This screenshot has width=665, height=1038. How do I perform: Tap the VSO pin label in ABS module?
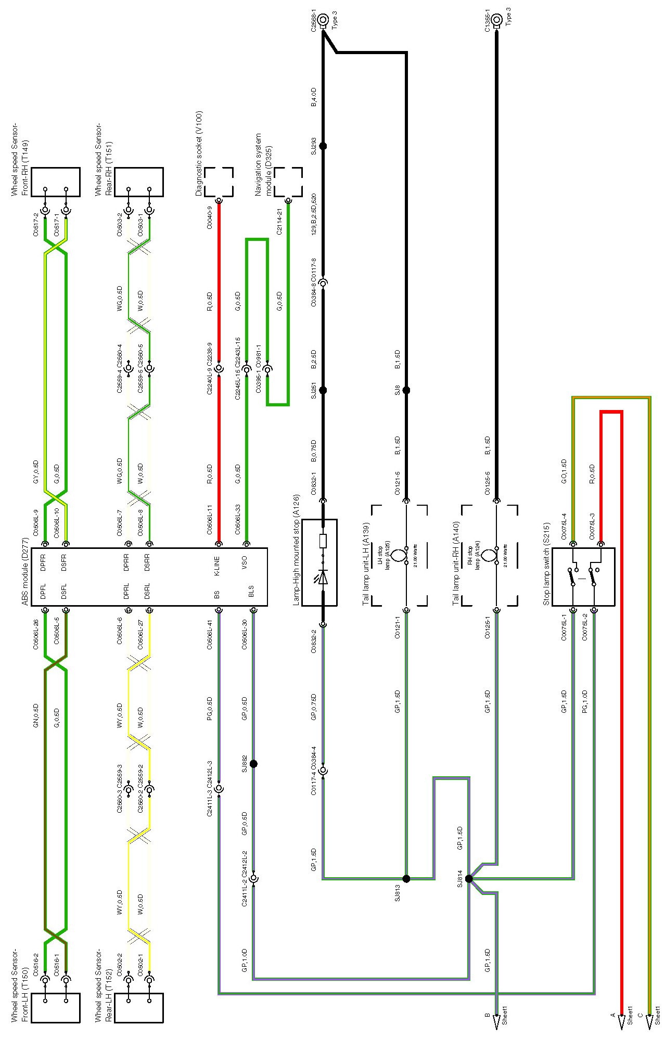(244, 562)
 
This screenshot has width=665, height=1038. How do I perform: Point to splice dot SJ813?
(406, 879)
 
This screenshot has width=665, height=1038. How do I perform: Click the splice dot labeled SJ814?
(469, 879)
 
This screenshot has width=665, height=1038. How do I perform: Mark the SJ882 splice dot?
(253, 764)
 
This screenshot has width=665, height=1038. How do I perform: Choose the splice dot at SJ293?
(323, 146)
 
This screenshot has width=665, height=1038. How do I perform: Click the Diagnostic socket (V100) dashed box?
(219, 182)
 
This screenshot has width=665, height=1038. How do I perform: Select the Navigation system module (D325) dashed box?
(288, 182)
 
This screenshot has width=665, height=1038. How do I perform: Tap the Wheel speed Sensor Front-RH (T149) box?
(56, 182)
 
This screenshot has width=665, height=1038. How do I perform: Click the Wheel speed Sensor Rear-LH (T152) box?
(139, 1008)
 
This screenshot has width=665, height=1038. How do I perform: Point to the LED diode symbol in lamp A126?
(323, 577)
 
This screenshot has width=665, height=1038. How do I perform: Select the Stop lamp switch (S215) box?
(583, 576)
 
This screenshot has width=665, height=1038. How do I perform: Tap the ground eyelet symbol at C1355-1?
(496, 20)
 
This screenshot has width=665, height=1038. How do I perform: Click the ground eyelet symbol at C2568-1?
(323, 20)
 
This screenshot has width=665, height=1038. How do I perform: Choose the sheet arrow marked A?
(621, 1022)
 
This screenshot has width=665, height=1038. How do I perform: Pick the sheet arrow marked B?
(496, 1022)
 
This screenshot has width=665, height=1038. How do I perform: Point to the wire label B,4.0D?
(314, 97)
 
